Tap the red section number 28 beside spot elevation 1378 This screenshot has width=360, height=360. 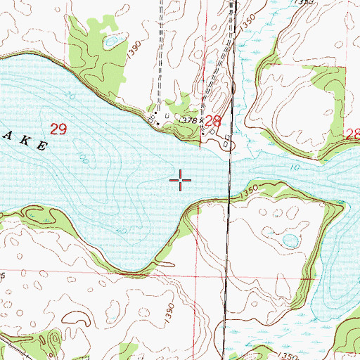213,121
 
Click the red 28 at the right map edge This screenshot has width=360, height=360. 353,133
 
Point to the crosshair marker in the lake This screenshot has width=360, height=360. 181,181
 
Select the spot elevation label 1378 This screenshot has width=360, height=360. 187,121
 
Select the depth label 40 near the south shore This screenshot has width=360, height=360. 122,231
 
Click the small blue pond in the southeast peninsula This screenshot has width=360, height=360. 289,241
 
